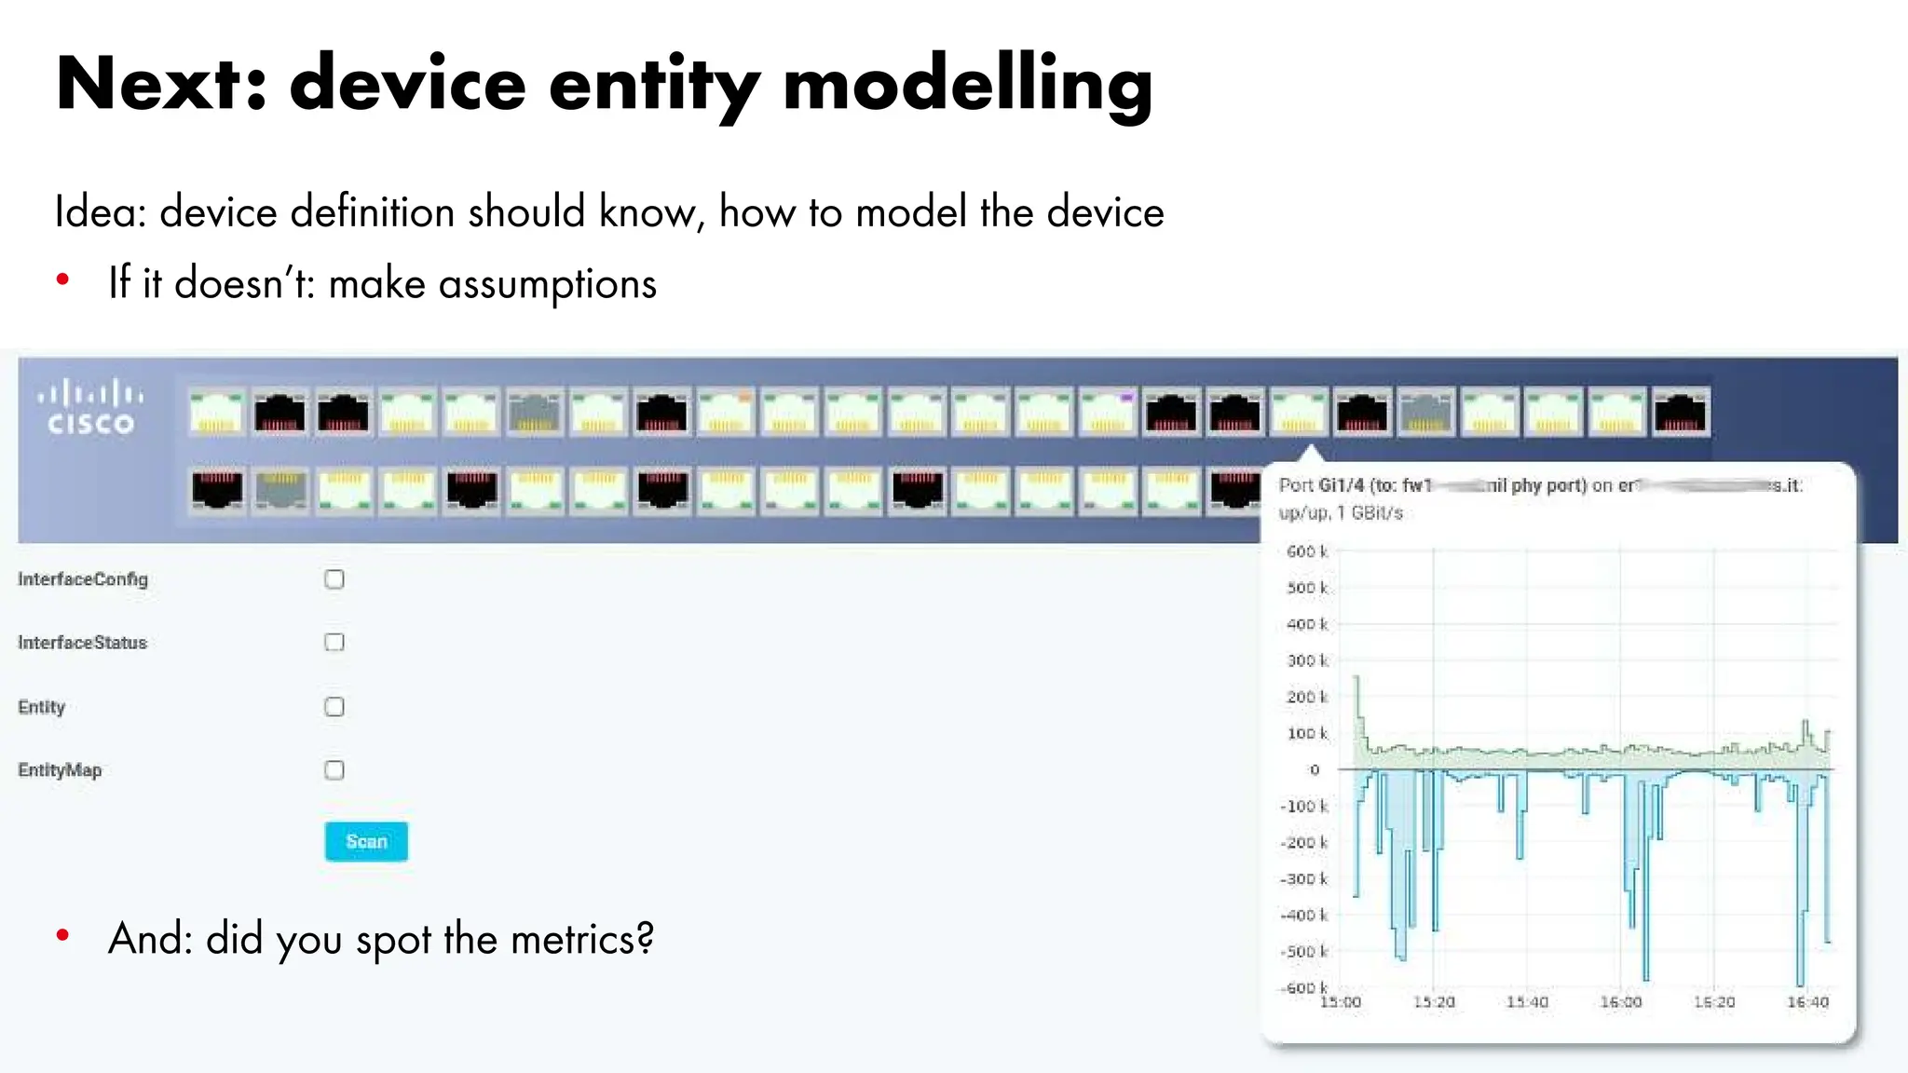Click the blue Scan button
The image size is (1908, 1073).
366,841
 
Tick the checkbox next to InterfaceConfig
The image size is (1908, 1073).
334,579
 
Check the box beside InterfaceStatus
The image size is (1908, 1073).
334,643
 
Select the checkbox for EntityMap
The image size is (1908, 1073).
334,770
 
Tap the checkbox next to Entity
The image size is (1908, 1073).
334,707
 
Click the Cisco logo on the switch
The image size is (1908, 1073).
91,408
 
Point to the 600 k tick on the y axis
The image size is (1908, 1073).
1306,551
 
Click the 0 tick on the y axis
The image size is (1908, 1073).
1315,770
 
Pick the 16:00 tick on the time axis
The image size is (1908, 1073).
1620,1002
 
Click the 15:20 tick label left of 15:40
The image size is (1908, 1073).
1434,1002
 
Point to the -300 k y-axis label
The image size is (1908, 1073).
1304,879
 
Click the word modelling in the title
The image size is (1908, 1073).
967,84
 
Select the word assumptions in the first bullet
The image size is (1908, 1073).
548,284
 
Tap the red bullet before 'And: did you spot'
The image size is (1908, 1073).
62,935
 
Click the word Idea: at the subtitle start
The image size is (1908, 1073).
101,212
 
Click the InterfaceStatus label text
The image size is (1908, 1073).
82,643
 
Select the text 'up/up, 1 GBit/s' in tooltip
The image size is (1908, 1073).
1340,513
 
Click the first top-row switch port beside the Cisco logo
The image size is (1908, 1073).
216,413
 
